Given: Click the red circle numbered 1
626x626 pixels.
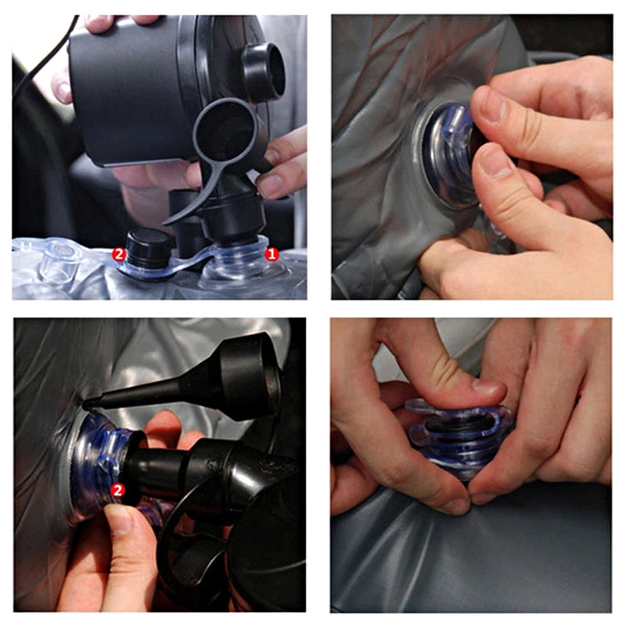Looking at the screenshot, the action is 272,254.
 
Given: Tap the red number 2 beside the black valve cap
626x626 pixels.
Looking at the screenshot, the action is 119,254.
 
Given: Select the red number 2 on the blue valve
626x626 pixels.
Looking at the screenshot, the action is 117,490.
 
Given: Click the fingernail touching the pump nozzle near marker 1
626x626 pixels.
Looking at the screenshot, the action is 268,186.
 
